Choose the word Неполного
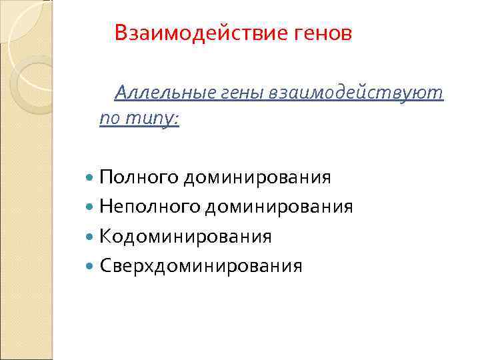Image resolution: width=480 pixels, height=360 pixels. pos(150,207)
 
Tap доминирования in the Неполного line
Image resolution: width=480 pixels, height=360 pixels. pos(279,207)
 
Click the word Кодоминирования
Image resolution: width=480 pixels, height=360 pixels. pos(186,237)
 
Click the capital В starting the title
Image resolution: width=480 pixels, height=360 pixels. pos(121,32)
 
